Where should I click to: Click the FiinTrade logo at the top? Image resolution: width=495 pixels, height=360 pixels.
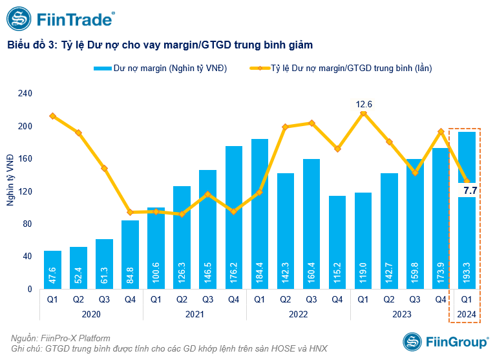(61, 20)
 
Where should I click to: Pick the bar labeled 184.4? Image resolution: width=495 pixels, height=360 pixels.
(260, 213)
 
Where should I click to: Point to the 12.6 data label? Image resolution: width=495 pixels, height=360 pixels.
(364, 103)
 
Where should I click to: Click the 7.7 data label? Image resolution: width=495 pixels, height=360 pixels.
(470, 190)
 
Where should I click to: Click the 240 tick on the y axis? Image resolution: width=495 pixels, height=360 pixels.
(25, 93)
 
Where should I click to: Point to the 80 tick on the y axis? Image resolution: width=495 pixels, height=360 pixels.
(27, 224)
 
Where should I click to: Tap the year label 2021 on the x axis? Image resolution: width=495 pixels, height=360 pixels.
(195, 313)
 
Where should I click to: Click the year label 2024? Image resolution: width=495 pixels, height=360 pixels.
(467, 313)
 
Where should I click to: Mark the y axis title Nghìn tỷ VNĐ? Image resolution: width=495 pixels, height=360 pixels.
(10, 180)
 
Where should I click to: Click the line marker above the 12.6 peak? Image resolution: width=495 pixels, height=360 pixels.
(363, 113)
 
